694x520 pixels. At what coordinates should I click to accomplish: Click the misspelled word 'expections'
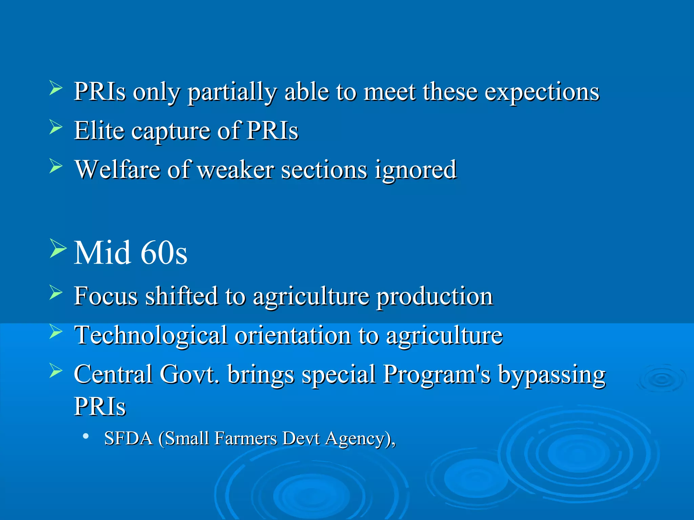click(x=542, y=92)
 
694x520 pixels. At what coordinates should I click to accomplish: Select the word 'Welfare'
click(x=117, y=170)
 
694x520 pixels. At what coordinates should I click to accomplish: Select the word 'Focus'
click(x=106, y=296)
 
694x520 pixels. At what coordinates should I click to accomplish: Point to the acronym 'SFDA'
click(x=128, y=438)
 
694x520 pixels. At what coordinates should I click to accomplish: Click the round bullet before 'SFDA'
click(x=86, y=436)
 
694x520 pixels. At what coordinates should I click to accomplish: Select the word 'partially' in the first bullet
click(x=232, y=92)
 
